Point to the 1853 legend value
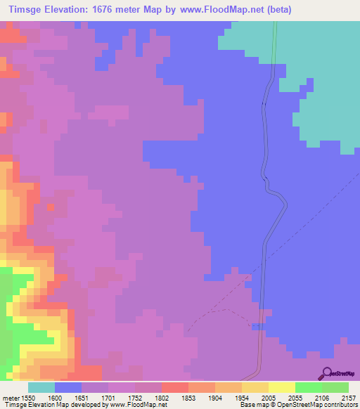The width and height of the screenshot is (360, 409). pos(188,397)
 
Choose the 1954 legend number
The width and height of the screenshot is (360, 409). pos(241,397)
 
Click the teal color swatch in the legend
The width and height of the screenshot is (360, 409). pos(41,387)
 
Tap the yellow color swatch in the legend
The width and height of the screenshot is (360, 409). pos(281,387)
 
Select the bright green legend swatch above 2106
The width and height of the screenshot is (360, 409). pos(308,387)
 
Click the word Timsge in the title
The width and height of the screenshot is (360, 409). pos(23,10)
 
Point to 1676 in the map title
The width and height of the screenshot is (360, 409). pos(112,10)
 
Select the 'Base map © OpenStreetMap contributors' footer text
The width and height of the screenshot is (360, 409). pos(298,404)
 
